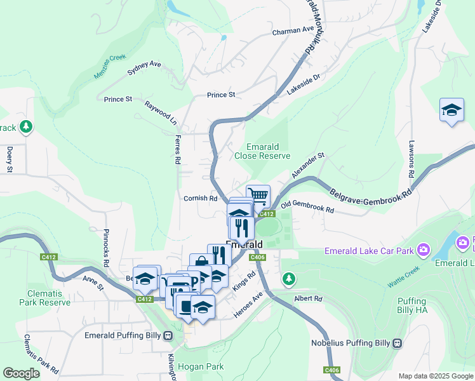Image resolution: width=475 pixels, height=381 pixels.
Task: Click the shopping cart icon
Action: pyautogui.click(x=258, y=195)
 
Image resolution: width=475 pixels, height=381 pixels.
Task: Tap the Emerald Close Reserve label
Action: pyautogui.click(x=262, y=150)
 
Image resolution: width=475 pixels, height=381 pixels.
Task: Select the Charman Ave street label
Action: pyautogui.click(x=293, y=30)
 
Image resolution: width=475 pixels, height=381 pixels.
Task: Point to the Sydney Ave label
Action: pyautogui.click(x=144, y=68)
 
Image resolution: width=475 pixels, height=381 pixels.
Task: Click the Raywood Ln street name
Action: pyautogui.click(x=160, y=111)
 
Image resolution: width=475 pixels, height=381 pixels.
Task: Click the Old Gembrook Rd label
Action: pyautogui.click(x=307, y=208)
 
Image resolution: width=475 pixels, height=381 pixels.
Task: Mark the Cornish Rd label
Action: pyautogui.click(x=201, y=198)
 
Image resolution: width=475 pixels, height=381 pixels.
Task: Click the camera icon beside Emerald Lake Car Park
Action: pyautogui.click(x=424, y=250)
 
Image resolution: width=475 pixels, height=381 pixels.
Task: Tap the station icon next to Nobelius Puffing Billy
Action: pyautogui.click(x=398, y=344)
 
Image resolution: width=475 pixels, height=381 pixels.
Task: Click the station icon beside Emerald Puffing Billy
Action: pyautogui.click(x=168, y=335)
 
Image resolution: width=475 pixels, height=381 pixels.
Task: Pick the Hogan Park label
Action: pyautogui.click(x=201, y=366)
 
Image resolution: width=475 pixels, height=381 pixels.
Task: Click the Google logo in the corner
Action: pyautogui.click(x=22, y=373)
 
